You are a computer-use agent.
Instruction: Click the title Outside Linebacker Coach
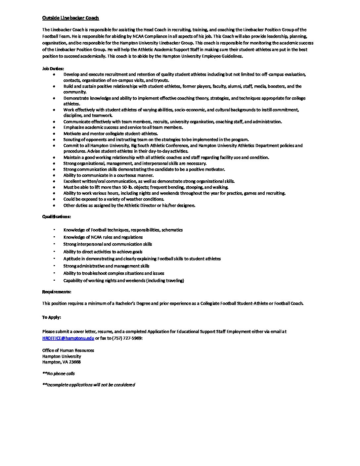70,18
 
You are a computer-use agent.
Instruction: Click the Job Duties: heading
53,69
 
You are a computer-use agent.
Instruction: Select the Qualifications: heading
56,217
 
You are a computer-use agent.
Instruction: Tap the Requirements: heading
57,292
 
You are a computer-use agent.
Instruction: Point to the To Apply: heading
51,317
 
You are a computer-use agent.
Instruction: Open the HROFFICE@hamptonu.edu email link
68,338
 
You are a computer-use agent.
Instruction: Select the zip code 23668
75,362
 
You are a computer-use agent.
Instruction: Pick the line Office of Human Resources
68,350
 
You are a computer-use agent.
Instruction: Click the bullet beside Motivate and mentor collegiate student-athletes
54,134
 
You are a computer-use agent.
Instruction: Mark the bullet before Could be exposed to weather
54,199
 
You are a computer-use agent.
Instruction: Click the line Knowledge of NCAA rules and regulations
103,237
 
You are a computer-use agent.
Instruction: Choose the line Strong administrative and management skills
106,266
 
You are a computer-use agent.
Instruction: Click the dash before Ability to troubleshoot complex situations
54,273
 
